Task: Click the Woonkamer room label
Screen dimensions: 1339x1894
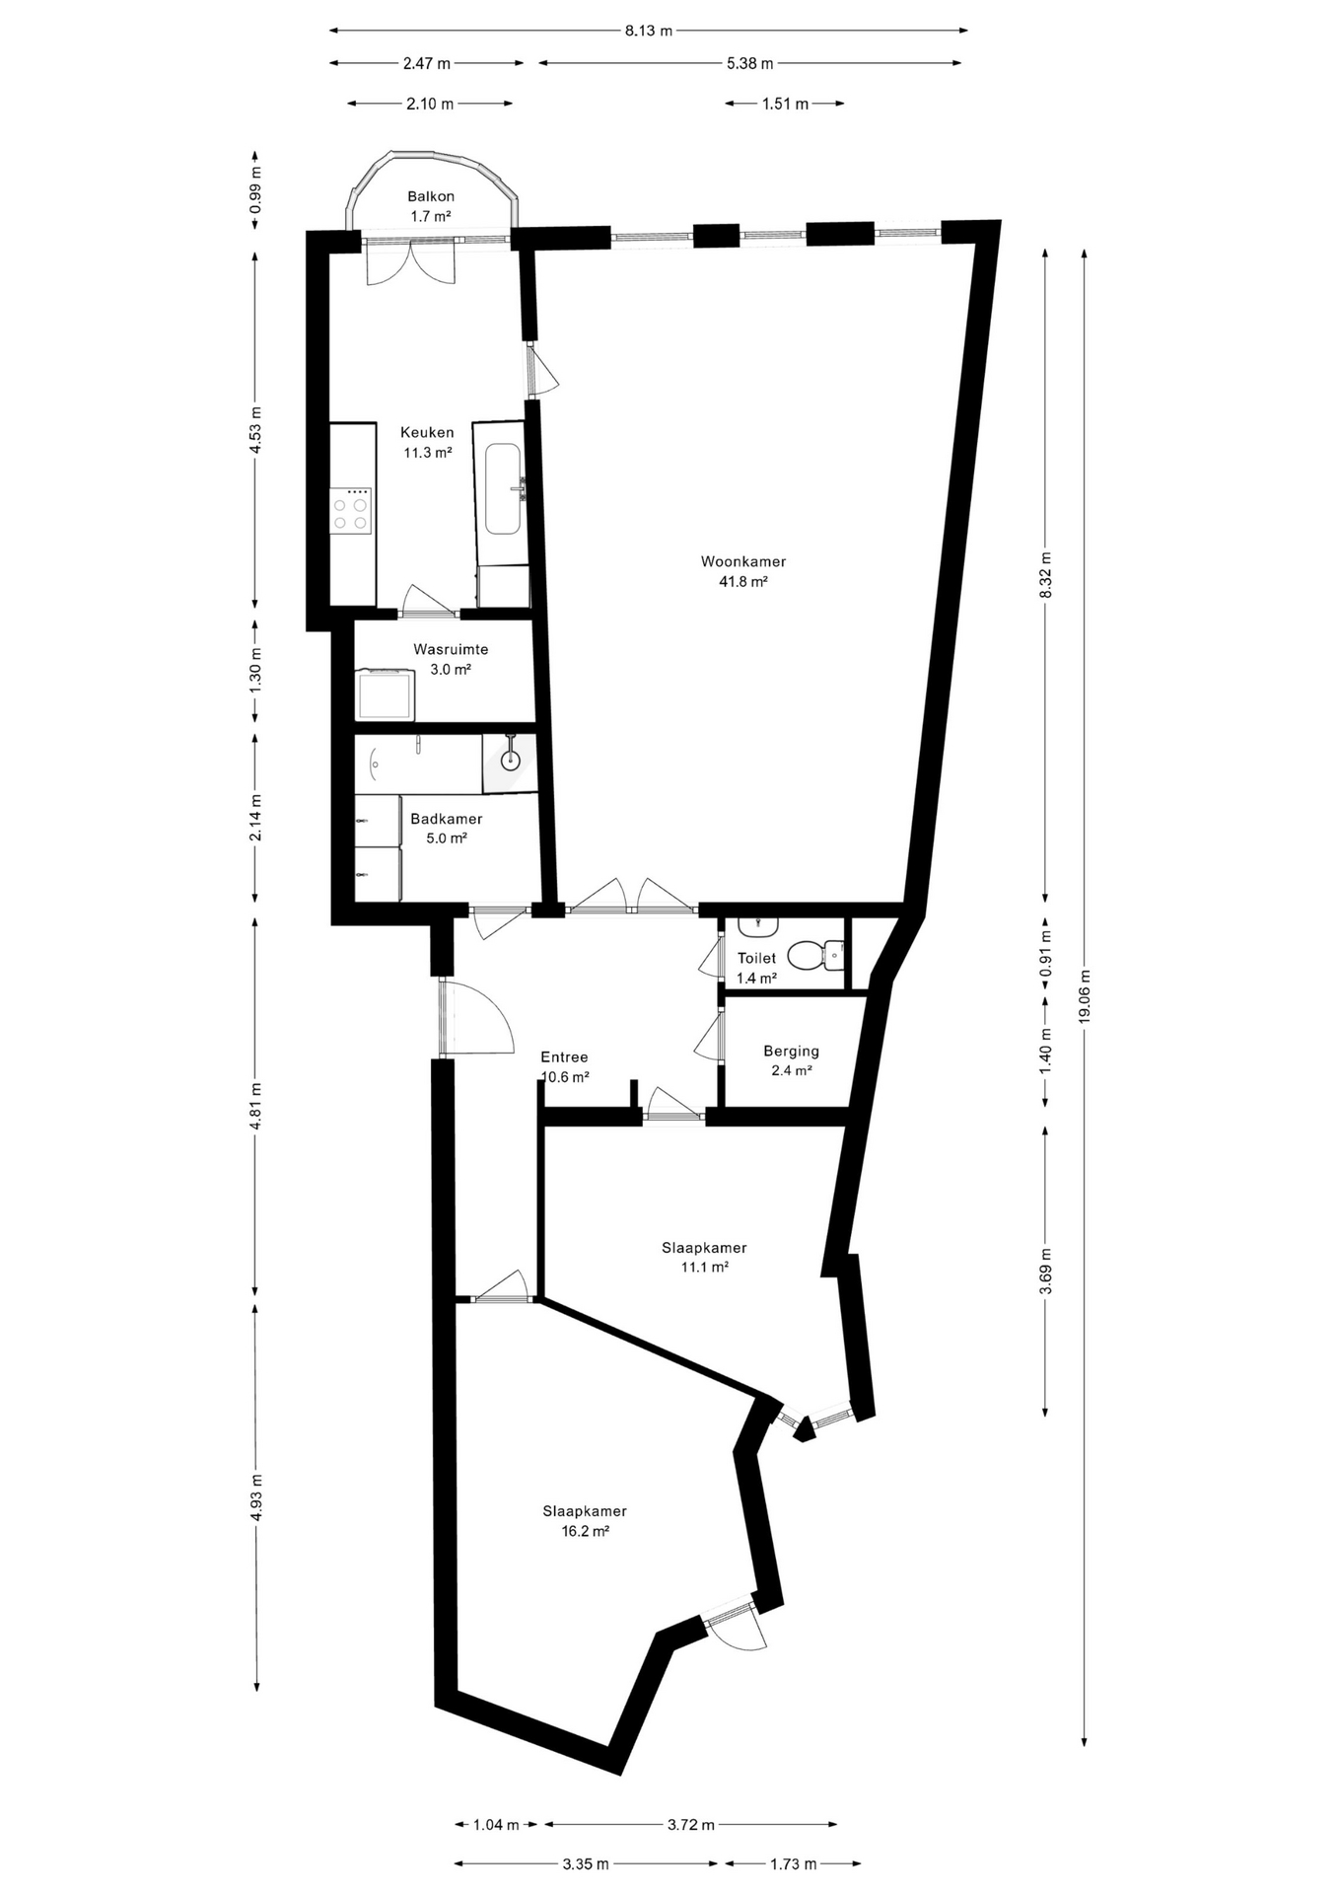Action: pos(743,562)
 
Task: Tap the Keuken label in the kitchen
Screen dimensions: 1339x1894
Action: pos(427,433)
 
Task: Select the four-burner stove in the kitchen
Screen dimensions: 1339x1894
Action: pos(351,510)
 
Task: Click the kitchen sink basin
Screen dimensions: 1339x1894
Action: pos(503,488)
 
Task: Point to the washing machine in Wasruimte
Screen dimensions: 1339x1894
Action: pos(386,694)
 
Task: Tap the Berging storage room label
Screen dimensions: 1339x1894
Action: pos(791,1052)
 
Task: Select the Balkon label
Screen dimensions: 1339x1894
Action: pos(431,196)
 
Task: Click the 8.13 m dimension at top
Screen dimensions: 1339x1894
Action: pos(648,31)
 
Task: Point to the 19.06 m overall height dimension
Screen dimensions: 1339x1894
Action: pos(1085,997)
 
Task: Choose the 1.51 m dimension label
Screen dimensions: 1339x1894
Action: pos(785,104)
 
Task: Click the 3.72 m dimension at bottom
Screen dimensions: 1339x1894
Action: pos(690,1825)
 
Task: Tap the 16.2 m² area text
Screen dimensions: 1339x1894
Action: pos(585,1531)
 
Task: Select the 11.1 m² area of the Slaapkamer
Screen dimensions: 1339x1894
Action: pos(704,1268)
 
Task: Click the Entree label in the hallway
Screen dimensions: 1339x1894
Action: pos(564,1057)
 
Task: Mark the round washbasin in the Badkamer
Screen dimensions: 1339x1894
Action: pos(510,761)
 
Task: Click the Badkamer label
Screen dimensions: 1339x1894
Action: pos(447,819)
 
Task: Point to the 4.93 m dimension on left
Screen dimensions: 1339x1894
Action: pos(256,1497)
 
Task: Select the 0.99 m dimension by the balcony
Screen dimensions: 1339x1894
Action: pos(256,189)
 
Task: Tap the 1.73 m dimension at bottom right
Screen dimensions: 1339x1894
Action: pos(793,1863)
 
